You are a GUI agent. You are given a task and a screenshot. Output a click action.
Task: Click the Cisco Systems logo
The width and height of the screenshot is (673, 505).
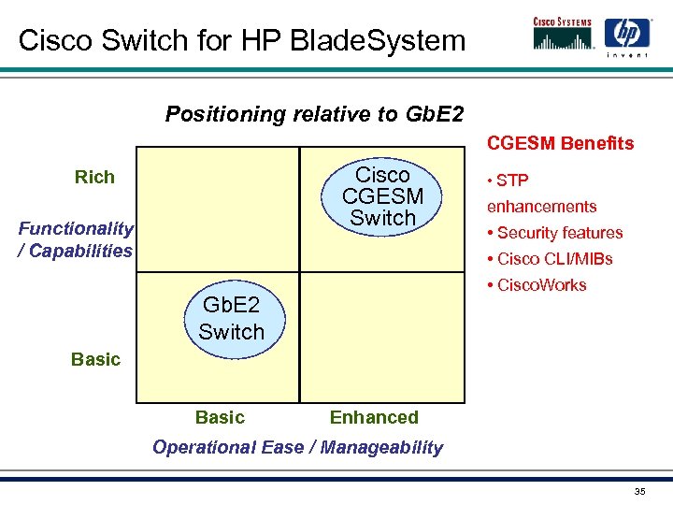(564, 34)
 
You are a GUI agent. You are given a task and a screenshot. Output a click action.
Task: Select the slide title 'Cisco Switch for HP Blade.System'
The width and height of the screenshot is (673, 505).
(241, 40)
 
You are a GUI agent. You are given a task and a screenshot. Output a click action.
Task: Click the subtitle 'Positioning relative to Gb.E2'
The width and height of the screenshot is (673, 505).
(314, 114)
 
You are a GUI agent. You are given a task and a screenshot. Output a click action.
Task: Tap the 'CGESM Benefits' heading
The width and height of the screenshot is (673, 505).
(560, 143)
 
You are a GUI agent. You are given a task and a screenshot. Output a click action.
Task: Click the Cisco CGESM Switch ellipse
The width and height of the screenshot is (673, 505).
(382, 196)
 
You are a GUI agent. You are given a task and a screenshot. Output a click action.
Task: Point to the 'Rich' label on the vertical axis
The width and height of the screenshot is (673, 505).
(94, 177)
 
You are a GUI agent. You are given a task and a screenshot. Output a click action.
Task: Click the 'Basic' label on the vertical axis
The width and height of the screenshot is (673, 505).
(95, 359)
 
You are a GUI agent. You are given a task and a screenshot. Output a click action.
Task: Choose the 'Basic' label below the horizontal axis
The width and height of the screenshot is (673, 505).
(220, 417)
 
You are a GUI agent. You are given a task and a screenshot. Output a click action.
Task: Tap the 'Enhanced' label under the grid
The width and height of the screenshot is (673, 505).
(374, 417)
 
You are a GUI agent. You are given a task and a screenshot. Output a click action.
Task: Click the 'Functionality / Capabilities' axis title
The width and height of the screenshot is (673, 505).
(76, 239)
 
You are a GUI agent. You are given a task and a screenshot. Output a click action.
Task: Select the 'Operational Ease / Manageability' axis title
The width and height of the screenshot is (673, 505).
(297, 447)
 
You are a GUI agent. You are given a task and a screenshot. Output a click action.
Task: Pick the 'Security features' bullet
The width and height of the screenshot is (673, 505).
(554, 233)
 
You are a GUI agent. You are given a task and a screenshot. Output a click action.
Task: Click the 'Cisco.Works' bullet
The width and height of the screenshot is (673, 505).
(537, 285)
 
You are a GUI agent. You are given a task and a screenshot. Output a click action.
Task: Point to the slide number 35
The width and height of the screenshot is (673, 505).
(639, 492)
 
